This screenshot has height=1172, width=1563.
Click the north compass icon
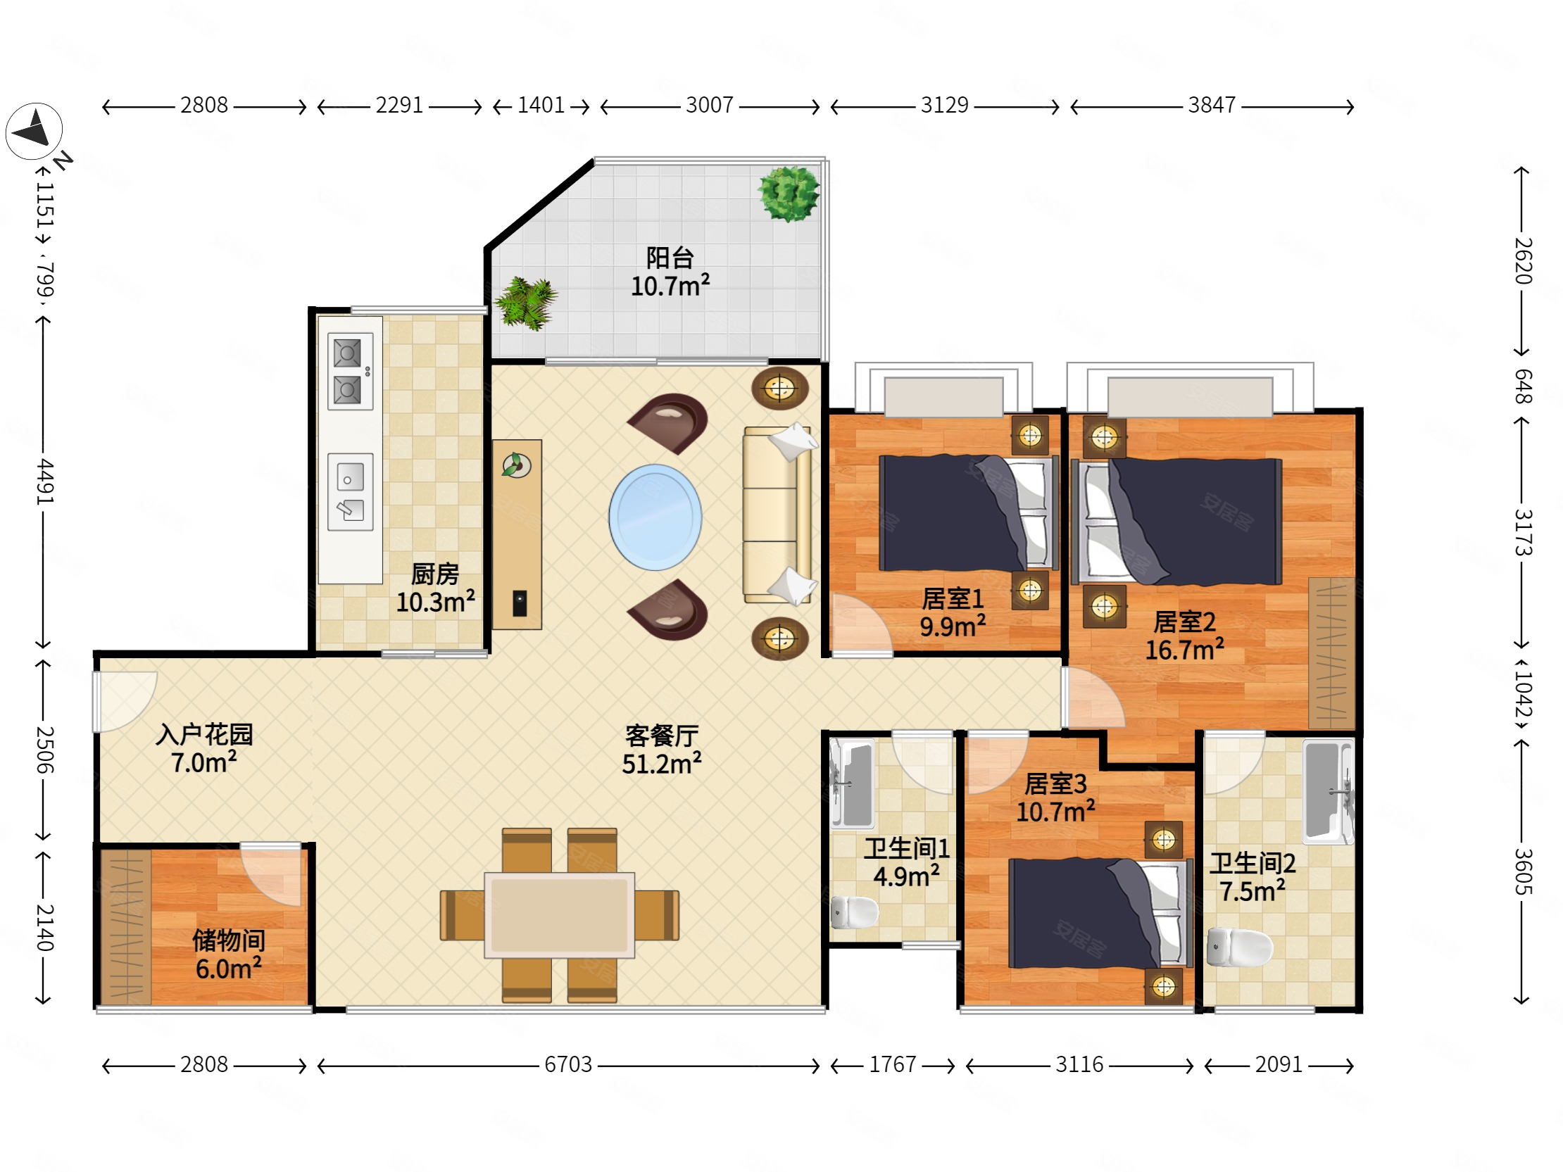pos(34,131)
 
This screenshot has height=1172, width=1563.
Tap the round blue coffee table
pos(655,517)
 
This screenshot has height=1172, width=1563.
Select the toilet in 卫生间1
pos(854,912)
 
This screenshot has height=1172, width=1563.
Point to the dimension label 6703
pos(568,1064)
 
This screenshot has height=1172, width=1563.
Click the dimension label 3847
pos(1212,106)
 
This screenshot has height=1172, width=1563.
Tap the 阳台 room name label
pos(670,258)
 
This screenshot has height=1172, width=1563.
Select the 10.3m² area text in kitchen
pos(435,603)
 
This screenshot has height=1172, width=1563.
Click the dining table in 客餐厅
pos(559,915)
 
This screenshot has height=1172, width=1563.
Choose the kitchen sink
pos(351,492)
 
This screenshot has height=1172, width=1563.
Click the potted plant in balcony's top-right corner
pos(789,194)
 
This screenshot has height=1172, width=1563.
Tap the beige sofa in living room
pos(778,515)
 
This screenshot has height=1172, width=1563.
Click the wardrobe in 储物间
pos(126,926)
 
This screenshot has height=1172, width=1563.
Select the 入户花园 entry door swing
pos(125,701)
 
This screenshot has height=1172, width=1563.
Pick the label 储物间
pos(229,940)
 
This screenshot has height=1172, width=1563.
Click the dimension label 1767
pos(893,1064)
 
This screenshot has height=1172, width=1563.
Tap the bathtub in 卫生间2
pos(1328,791)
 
